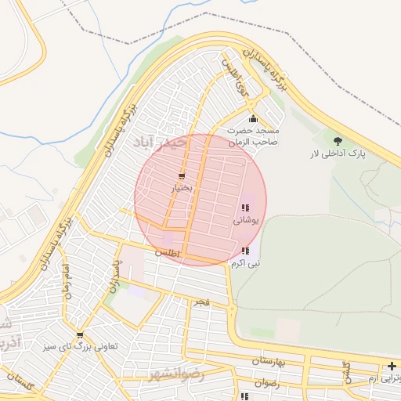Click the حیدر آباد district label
click(161, 143)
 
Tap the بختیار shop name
click(182, 189)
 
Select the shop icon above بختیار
click(182, 176)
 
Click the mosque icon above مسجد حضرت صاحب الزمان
click(253, 118)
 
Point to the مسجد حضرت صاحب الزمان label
click(253, 137)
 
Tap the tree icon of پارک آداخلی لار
click(338, 141)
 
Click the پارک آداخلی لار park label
click(338, 154)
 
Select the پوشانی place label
click(245, 221)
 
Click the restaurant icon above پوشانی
click(245, 208)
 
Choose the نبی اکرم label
click(245, 264)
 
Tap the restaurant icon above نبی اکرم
click(245, 251)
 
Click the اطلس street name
click(167, 254)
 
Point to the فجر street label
click(202, 302)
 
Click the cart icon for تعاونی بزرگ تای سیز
click(79, 335)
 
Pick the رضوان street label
click(266, 383)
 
